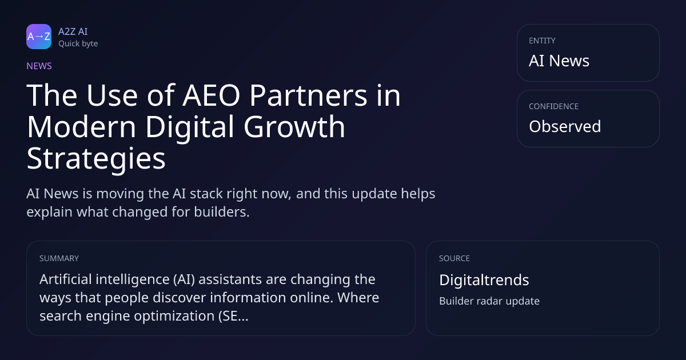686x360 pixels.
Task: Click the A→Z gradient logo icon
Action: (x=39, y=37)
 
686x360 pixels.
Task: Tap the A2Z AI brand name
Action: (x=73, y=31)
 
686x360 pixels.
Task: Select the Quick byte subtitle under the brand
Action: (x=78, y=44)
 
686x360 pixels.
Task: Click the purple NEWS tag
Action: (x=39, y=66)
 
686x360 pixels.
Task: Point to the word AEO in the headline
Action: (x=212, y=95)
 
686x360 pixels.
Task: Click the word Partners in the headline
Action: (x=308, y=95)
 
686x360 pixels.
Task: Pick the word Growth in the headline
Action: (x=294, y=127)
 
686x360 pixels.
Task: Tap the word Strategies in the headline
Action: (x=96, y=159)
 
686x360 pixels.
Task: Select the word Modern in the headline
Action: (x=81, y=127)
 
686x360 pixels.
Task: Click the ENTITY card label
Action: (x=542, y=41)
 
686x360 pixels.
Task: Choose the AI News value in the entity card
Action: (x=559, y=61)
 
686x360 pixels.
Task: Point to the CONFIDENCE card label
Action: (x=554, y=106)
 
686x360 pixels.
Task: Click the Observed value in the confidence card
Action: (x=565, y=126)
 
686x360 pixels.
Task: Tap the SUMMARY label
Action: (x=59, y=258)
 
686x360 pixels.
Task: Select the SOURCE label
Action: (x=454, y=258)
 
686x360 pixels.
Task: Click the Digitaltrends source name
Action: (x=484, y=280)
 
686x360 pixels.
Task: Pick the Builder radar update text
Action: (x=489, y=301)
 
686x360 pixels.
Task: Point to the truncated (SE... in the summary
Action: (x=233, y=316)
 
